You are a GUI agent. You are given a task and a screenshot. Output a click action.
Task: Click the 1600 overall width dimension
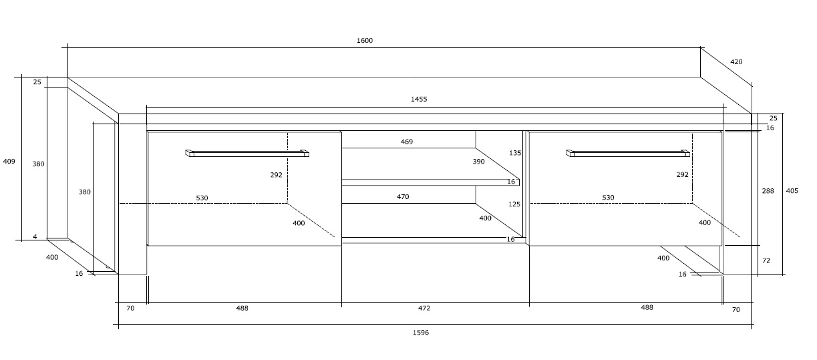pos(364,41)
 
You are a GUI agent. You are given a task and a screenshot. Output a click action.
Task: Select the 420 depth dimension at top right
pos(736,62)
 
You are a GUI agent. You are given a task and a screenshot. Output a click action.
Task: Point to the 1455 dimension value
pos(419,100)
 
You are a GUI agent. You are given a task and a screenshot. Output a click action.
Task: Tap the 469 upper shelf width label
pos(406,142)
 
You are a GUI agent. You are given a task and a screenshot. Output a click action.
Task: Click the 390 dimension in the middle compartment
pos(479,162)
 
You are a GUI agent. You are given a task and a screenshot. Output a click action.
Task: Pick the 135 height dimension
pos(514,153)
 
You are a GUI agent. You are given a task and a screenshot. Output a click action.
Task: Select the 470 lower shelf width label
pos(403,197)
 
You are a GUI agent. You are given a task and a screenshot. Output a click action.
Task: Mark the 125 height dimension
pos(514,204)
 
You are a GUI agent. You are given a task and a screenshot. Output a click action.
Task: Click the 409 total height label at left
pos(9,161)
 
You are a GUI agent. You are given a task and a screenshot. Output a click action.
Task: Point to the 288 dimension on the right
pos(768,191)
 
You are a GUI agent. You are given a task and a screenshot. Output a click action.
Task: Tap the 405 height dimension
pos(792,191)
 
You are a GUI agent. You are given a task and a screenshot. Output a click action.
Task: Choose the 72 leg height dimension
pos(766,260)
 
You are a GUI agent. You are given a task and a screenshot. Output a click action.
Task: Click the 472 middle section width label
pos(424,309)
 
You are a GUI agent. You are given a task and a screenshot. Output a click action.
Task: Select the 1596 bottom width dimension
pos(420,332)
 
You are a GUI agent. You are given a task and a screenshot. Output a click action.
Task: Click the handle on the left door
pos(247,154)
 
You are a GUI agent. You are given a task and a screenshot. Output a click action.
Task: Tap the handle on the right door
pos(628,154)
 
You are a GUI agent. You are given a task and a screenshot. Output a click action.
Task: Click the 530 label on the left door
pos(202,198)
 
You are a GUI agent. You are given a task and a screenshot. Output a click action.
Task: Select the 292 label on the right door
pos(682,174)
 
